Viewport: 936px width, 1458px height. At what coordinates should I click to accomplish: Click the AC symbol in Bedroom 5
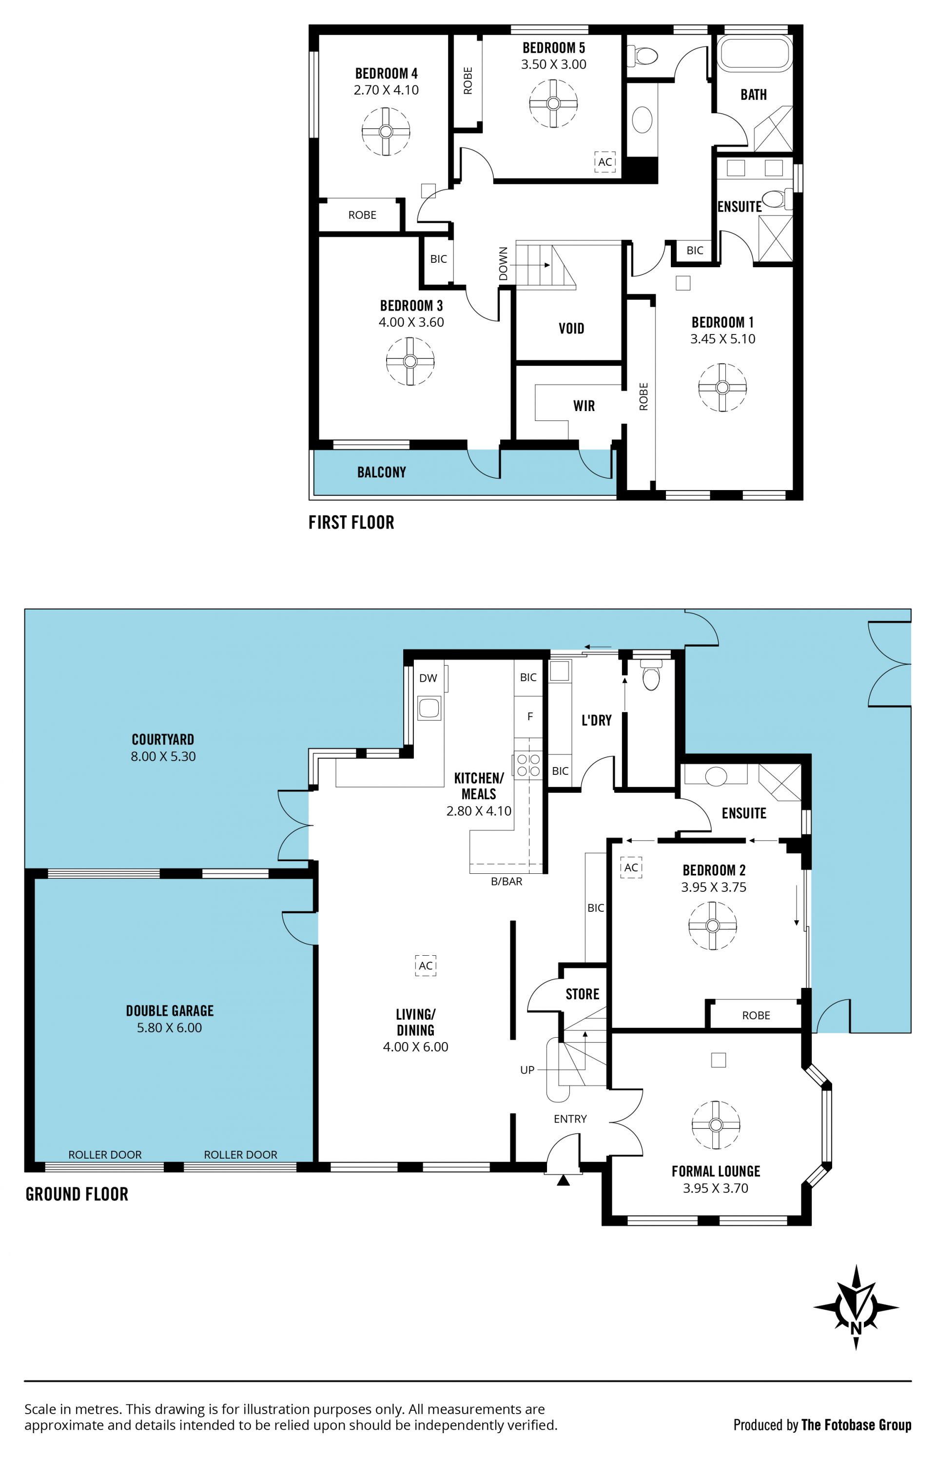[x=605, y=162]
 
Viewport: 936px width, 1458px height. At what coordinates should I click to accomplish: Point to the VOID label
[x=571, y=329]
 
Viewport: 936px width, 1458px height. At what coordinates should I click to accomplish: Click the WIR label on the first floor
[x=584, y=406]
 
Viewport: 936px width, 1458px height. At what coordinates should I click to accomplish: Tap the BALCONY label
[x=382, y=472]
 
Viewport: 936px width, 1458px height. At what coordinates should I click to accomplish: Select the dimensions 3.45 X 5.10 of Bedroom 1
[x=722, y=339]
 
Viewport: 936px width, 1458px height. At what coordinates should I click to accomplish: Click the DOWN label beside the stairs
[x=503, y=264]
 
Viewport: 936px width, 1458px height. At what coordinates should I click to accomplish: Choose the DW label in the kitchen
[x=429, y=678]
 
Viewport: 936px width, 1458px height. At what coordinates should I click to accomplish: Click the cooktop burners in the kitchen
[x=528, y=765]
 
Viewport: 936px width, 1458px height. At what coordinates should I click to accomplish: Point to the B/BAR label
[x=507, y=881]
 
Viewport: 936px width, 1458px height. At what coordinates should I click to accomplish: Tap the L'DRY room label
[x=597, y=720]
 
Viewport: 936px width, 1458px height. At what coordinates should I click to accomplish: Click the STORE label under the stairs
[x=582, y=994]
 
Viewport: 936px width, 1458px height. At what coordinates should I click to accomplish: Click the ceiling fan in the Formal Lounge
[x=716, y=1125]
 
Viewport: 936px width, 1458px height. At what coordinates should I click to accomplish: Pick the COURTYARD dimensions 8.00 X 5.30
[x=163, y=757]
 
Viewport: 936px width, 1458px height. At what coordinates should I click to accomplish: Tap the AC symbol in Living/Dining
[x=426, y=965]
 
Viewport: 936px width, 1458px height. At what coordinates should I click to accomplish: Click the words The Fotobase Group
[x=857, y=1425]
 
